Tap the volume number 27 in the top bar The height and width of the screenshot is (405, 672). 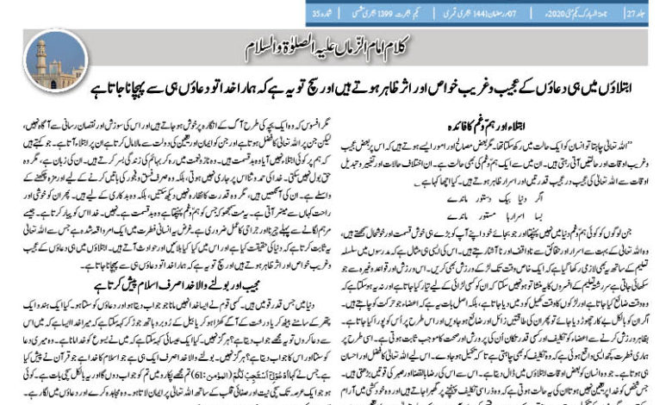[654, 13]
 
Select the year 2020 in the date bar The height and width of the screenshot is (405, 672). [556, 13]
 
